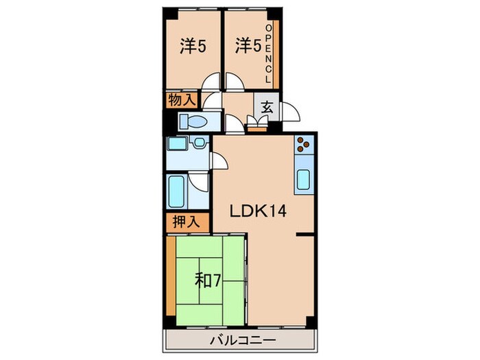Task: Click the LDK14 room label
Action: [254, 211]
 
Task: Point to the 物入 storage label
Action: [181, 100]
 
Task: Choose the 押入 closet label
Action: [181, 221]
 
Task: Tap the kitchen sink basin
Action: [302, 180]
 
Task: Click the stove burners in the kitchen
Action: [302, 145]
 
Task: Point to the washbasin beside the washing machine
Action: [199, 143]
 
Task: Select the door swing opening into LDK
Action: [221, 162]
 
